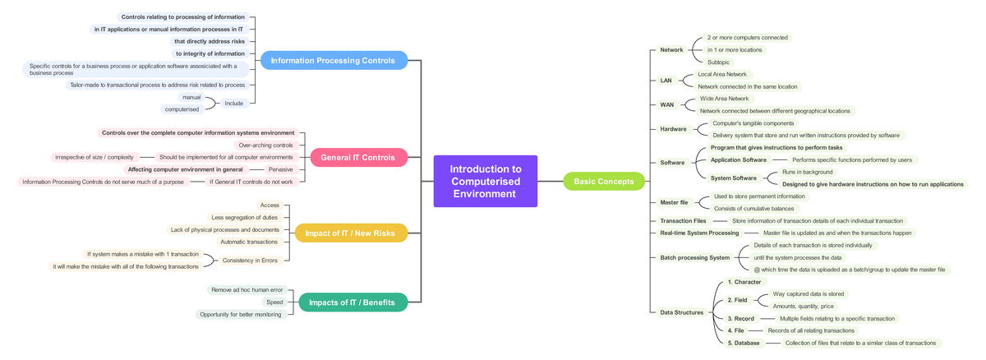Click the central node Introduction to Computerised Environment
click(x=485, y=181)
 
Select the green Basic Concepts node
click(x=604, y=181)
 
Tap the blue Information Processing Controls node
click(x=333, y=60)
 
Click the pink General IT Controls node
click(x=358, y=158)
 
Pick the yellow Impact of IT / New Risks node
click(x=350, y=233)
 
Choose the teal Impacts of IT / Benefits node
click(x=352, y=302)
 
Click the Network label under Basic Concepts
click(x=671, y=50)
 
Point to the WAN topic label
click(x=666, y=105)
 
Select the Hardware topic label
click(x=673, y=129)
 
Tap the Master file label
click(x=674, y=202)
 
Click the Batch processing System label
click(x=694, y=257)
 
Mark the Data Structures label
click(x=681, y=312)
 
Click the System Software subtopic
click(x=733, y=178)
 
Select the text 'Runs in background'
click(x=808, y=172)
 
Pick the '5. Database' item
click(x=744, y=343)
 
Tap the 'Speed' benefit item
click(x=274, y=302)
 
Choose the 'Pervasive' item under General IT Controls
click(x=280, y=169)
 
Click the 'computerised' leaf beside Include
click(x=182, y=109)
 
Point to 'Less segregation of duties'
click(x=244, y=217)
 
